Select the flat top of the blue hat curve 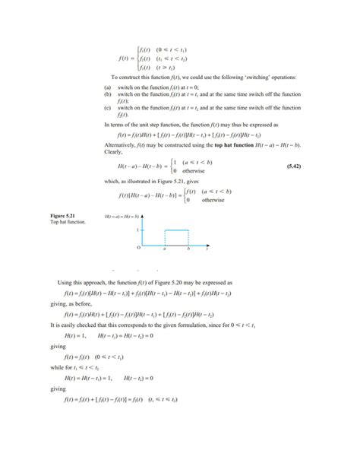pos(177,229)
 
